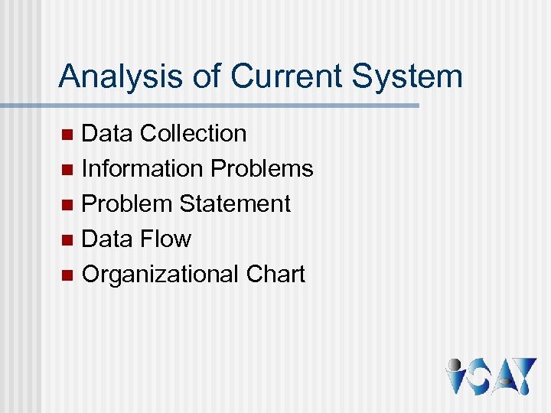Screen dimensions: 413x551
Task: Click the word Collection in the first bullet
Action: (x=194, y=133)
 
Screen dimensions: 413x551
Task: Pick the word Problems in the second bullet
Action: (x=262, y=168)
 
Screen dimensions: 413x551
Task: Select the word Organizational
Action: (x=161, y=275)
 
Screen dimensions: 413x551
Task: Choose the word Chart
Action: (x=275, y=274)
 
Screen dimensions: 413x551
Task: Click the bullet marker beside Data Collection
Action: (x=67, y=135)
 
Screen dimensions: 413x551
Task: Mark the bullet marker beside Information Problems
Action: (x=67, y=170)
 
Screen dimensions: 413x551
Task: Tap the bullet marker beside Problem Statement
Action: (x=67, y=205)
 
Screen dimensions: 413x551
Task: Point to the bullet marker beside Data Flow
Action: (x=67, y=240)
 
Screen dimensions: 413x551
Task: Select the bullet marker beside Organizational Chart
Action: (x=67, y=275)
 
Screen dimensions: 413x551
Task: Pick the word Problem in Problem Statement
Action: (x=127, y=203)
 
